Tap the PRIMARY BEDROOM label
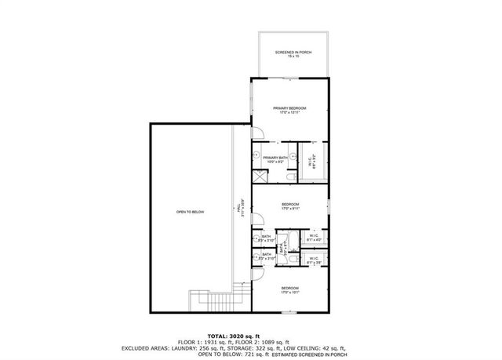tap(289, 109)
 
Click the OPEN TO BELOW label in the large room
tap(190, 212)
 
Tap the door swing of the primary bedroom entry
tap(256, 132)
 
